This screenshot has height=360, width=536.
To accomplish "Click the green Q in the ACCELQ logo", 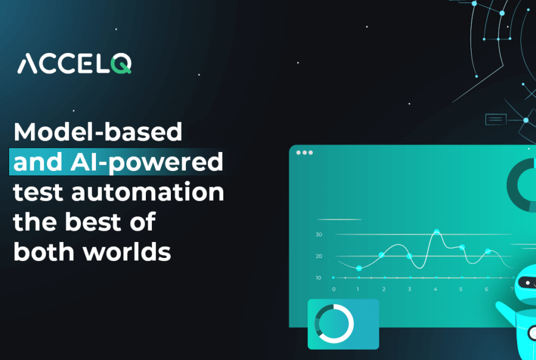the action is point(121,63).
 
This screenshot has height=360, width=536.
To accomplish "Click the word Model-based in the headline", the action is point(98,132).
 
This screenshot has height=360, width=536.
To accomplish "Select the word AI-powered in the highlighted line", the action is point(147,162).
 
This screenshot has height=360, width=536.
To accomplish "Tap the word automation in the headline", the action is point(148,192).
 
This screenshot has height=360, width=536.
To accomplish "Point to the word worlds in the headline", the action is point(127,252).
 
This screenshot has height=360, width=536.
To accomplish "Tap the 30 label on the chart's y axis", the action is point(319,234).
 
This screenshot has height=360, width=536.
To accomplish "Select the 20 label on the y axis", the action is point(319,256).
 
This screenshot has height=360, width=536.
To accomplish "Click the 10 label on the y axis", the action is point(318,278).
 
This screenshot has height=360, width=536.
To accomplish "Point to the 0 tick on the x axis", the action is point(334,289).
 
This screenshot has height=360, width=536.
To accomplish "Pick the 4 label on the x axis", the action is point(435,289).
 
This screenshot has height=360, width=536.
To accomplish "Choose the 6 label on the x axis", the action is point(487,289).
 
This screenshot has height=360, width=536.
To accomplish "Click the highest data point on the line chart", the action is point(437,232).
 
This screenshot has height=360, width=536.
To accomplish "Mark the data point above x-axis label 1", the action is point(359,268).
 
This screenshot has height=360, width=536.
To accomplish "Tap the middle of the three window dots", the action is point(304,153).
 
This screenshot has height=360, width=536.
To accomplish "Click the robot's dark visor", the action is point(528,283).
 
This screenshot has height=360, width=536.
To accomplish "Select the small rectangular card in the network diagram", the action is point(496,119).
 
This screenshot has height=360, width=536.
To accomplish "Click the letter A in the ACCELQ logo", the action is point(27,64).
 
